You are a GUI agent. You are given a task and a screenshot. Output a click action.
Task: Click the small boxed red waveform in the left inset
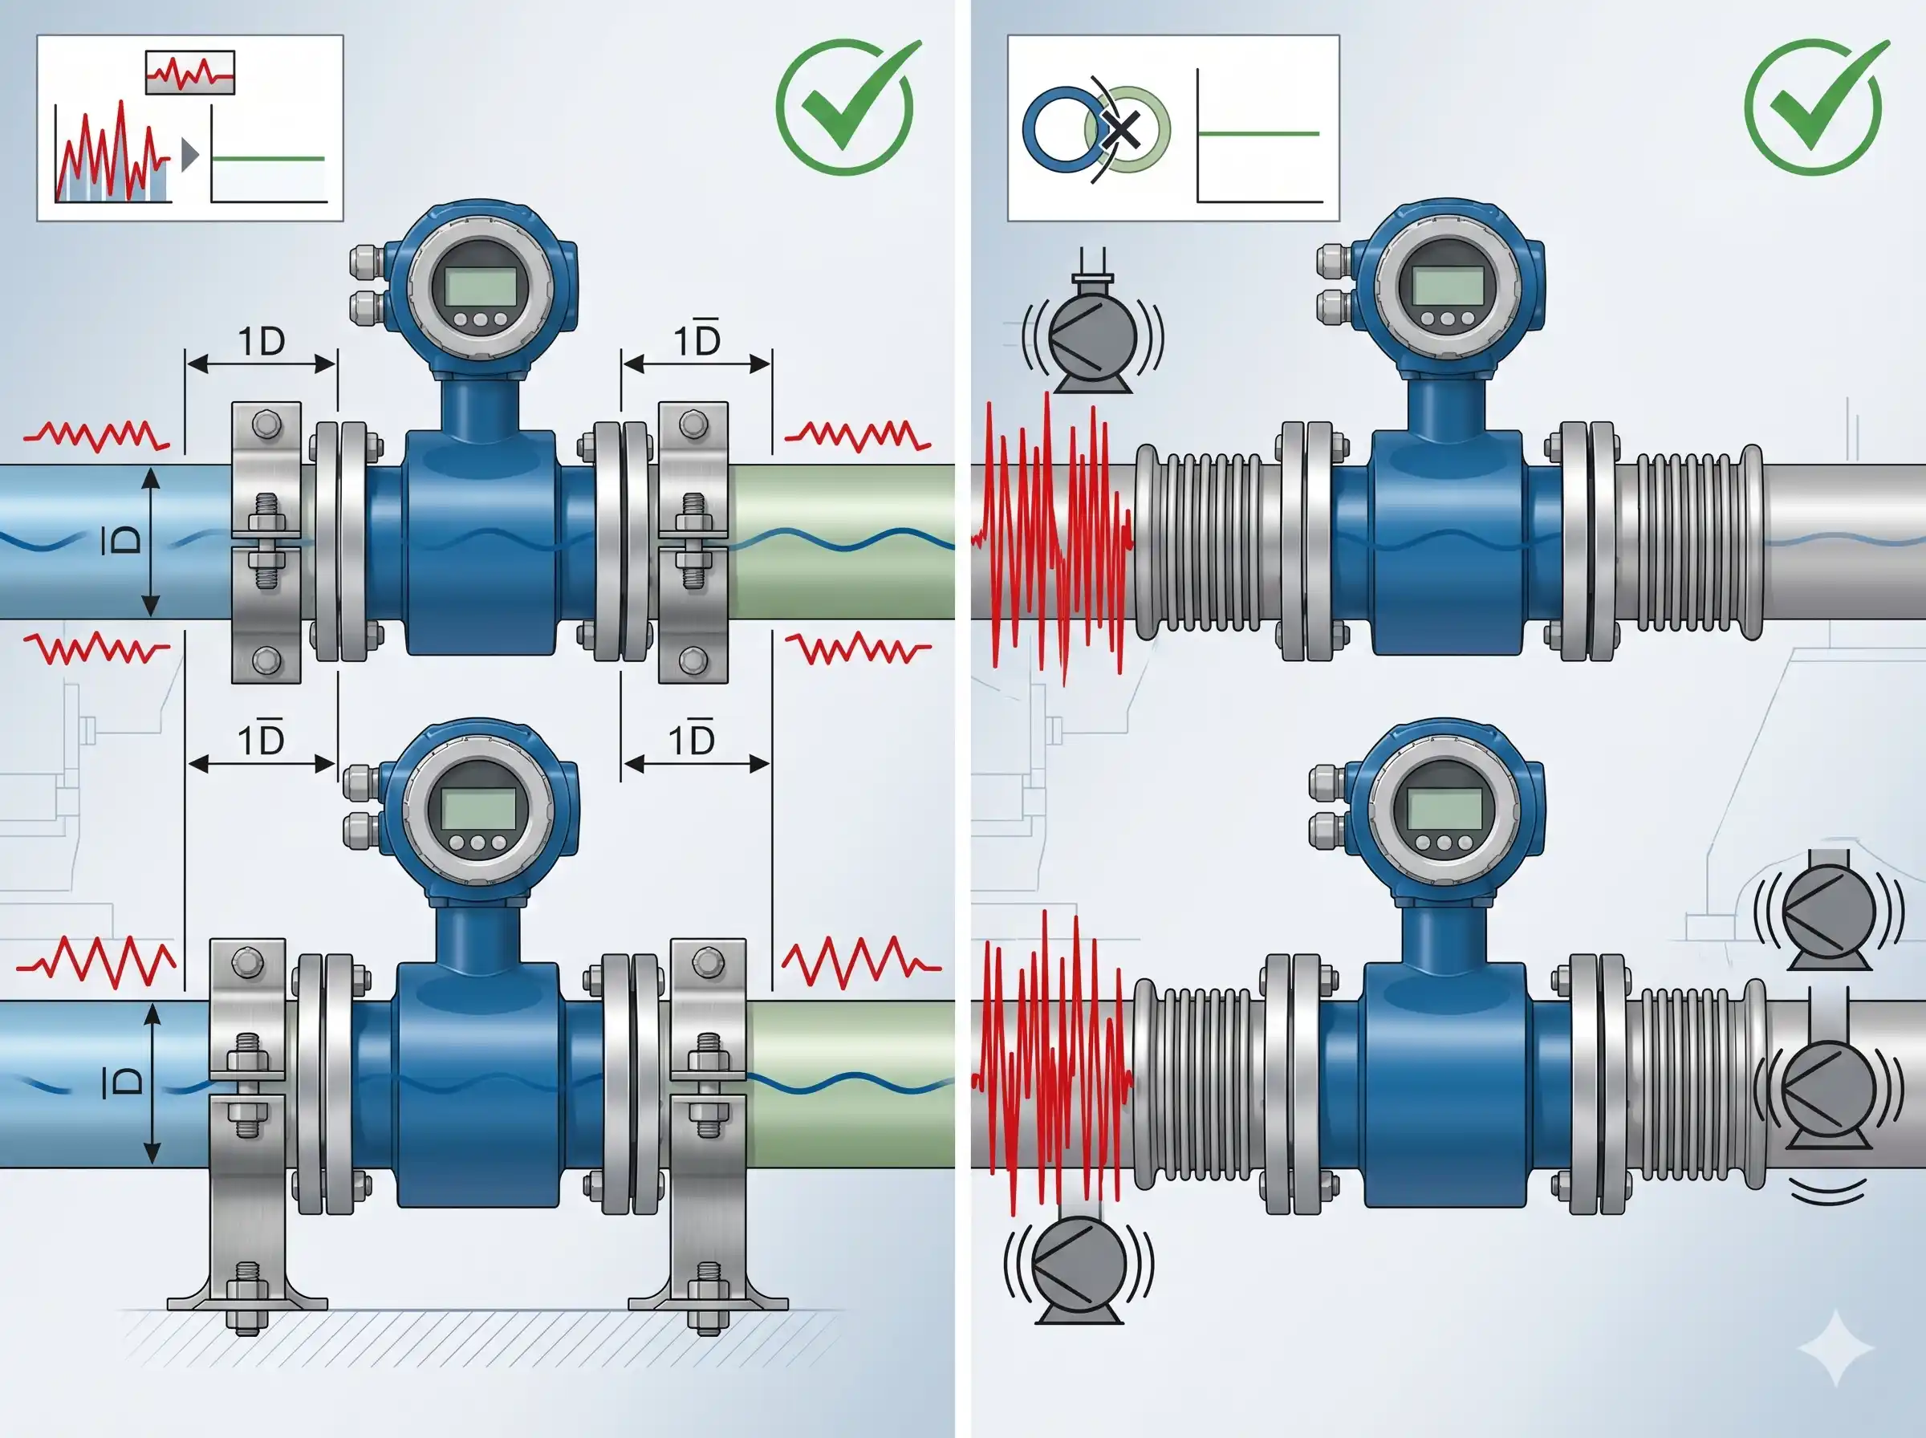click(189, 72)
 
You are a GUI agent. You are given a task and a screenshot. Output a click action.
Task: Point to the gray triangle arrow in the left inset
click(189, 155)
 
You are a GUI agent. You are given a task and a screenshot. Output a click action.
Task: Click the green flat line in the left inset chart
click(268, 158)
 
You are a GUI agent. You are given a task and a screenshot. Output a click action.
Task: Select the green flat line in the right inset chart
click(1258, 134)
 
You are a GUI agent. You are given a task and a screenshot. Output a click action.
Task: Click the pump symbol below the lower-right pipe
click(1079, 1266)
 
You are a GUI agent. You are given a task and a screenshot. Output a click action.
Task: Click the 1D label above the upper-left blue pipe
click(261, 341)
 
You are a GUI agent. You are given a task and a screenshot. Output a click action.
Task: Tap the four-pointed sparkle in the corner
click(1836, 1347)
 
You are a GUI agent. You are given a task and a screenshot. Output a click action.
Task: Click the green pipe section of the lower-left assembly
click(848, 1084)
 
